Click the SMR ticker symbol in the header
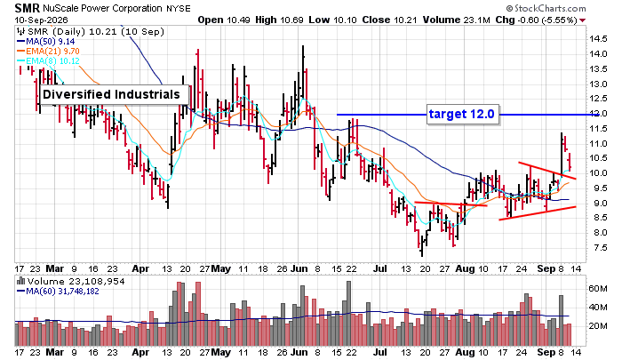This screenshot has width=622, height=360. pyautogui.click(x=28, y=8)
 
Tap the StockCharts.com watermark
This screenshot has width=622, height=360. pyautogui.click(x=546, y=8)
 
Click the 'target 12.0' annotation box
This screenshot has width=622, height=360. pyautogui.click(x=462, y=115)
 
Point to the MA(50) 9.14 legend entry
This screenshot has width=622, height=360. pyautogui.click(x=45, y=42)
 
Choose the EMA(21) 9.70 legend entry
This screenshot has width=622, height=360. pyautogui.click(x=48, y=52)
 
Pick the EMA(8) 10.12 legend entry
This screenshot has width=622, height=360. pyautogui.click(x=48, y=61)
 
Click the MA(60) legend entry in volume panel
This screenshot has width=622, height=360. pyautogui.click(x=58, y=292)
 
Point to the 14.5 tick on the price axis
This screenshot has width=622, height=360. pyautogui.click(x=598, y=39)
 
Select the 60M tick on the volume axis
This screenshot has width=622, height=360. pyautogui.click(x=598, y=289)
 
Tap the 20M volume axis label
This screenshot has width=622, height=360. pyautogui.click(x=598, y=326)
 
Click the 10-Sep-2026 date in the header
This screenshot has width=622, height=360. pyautogui.click(x=42, y=20)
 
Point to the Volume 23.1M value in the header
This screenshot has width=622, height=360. pyautogui.click(x=456, y=20)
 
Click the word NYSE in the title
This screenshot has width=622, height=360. pyautogui.click(x=179, y=8)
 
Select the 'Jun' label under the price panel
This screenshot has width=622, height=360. pyautogui.click(x=299, y=268)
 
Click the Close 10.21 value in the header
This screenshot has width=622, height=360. pyautogui.click(x=390, y=20)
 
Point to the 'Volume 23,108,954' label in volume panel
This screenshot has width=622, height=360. pyautogui.click(x=76, y=282)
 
